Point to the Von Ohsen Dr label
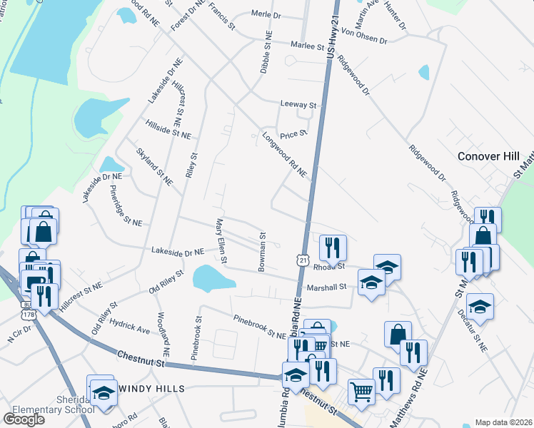tap(364, 36)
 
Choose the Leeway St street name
tap(298, 105)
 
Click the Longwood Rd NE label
tap(283, 154)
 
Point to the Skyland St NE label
tap(154, 167)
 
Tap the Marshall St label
tap(326, 287)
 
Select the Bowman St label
tap(263, 250)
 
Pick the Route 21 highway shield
tap(303, 262)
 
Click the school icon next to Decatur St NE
tap(480, 306)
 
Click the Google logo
tap(24, 419)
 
